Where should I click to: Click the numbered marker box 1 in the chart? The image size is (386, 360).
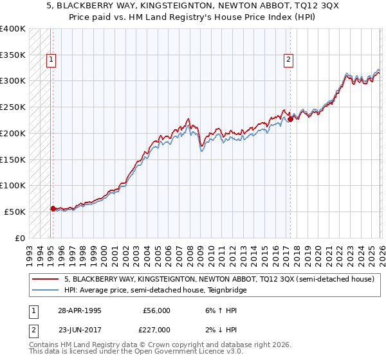[x=51, y=60]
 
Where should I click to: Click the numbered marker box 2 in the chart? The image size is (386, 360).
[x=288, y=60]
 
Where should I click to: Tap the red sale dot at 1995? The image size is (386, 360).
[x=53, y=208]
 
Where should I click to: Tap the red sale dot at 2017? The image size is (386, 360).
[x=290, y=118]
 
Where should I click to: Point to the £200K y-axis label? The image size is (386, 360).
[x=13, y=133]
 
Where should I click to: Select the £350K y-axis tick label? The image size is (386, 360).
[x=13, y=55]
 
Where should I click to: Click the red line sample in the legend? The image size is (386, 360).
[x=46, y=280]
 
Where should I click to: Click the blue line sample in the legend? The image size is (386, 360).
[x=46, y=291]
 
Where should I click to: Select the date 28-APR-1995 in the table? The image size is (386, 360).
[x=79, y=310]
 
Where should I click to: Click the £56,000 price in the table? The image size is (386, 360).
[x=156, y=310]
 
